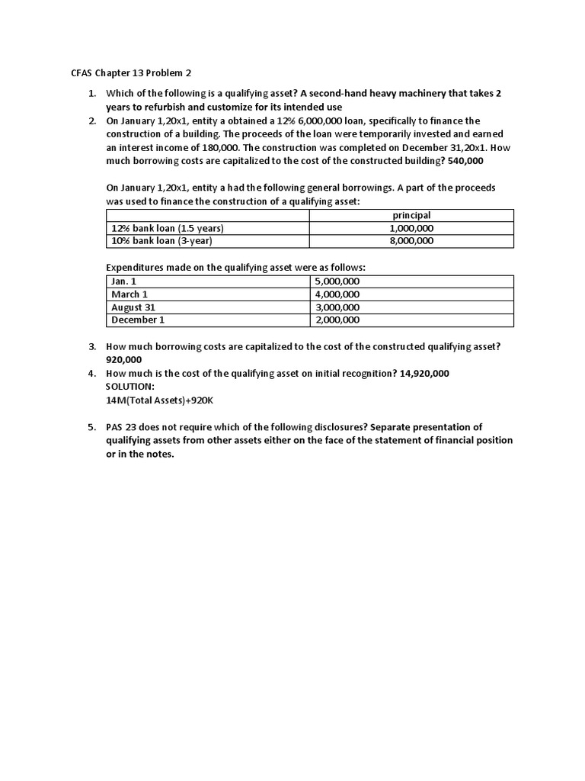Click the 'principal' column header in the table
pyautogui.click(x=411, y=215)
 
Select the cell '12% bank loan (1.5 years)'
pyautogui.click(x=168, y=228)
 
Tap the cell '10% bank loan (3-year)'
pyautogui.click(x=161, y=241)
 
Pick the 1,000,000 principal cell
pyautogui.click(x=411, y=228)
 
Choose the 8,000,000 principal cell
pyautogui.click(x=411, y=241)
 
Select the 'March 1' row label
pyautogui.click(x=129, y=294)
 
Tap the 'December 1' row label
pyautogui.click(x=138, y=320)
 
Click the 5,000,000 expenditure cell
pyautogui.click(x=337, y=281)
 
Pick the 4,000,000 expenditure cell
pyautogui.click(x=337, y=294)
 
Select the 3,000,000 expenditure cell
pyautogui.click(x=337, y=307)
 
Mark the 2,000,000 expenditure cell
pyautogui.click(x=337, y=320)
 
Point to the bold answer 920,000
pyautogui.click(x=124, y=359)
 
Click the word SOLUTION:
pyautogui.click(x=130, y=387)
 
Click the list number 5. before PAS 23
pyautogui.click(x=91, y=427)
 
